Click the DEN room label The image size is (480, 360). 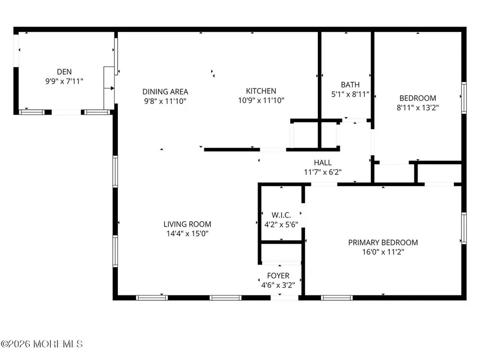[64, 71]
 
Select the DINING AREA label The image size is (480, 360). [165, 91]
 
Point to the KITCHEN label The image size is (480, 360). [261, 91]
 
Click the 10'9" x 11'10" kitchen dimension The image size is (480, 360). [261, 100]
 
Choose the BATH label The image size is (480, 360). [350, 84]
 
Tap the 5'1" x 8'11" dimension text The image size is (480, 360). [350, 94]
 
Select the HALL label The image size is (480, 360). [322, 163]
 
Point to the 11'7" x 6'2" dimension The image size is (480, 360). [322, 172]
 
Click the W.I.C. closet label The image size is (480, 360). [281, 215]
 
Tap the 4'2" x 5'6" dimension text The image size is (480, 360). [281, 224]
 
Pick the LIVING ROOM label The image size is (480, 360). [187, 224]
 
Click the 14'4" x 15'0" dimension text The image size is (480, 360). [187, 233]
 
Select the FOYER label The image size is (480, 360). [278, 276]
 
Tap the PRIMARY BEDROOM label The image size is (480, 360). [383, 242]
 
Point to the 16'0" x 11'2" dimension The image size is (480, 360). [383, 252]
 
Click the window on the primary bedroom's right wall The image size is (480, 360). [463, 228]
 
